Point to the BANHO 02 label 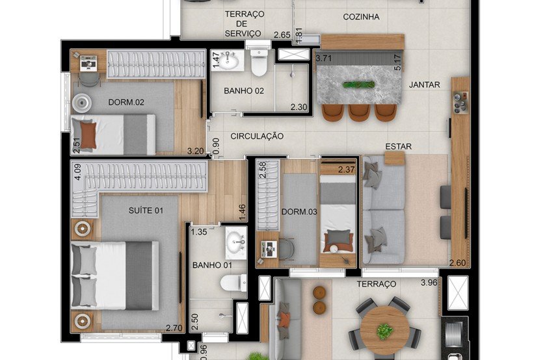244,91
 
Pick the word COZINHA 361,18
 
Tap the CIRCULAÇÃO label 258,136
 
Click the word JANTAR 425,84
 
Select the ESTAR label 398,146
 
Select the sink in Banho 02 229,61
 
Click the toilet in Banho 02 259,63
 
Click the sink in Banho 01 235,242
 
